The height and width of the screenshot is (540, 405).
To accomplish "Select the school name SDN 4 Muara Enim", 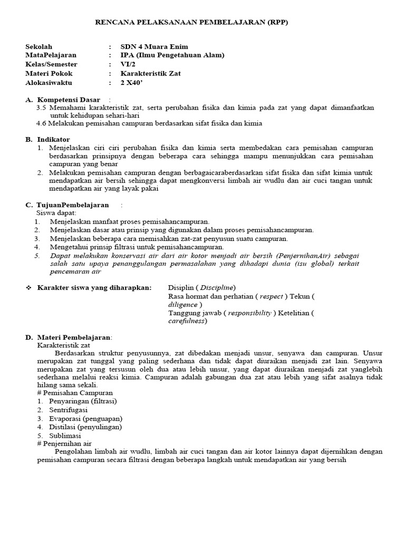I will pos(154,46).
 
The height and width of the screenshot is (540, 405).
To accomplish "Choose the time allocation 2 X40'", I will pos(132,83).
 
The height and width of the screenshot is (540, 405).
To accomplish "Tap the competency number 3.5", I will pos(42,107).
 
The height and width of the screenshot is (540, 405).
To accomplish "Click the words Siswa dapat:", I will pos(56,213).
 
